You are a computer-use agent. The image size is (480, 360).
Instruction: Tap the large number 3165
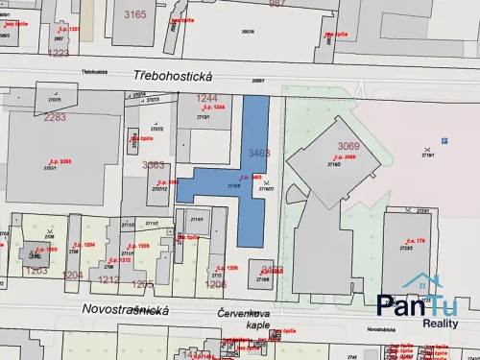[x=134, y=14]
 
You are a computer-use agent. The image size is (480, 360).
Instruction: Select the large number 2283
[x=55, y=117]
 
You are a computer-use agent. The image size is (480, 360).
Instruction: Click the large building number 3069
[x=348, y=146]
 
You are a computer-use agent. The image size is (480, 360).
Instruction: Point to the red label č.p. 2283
[x=60, y=161]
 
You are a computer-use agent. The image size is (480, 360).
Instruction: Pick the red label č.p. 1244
[x=214, y=107]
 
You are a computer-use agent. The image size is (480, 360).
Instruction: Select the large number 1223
[x=58, y=53]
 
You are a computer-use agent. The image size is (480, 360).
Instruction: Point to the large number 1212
[x=108, y=279]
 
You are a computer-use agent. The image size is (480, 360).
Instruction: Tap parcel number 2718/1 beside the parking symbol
[x=444, y=141]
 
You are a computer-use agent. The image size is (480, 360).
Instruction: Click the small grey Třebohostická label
[x=94, y=72]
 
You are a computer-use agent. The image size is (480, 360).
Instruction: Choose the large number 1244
[x=207, y=98]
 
